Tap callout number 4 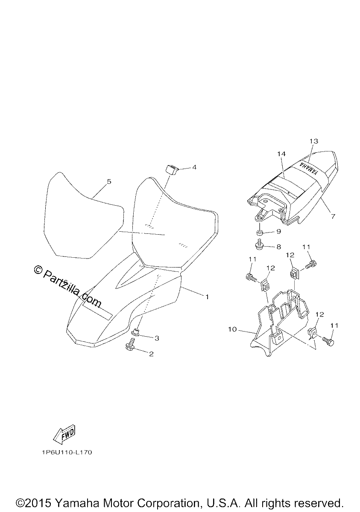(x=194, y=167)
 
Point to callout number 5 (x=109, y=181)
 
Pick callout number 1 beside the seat (x=207, y=297)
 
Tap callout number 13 (x=314, y=141)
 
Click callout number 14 (x=281, y=154)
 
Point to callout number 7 (x=333, y=216)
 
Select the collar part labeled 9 (x=259, y=233)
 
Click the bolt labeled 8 (x=259, y=245)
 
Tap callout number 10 (x=232, y=330)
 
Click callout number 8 (x=278, y=247)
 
